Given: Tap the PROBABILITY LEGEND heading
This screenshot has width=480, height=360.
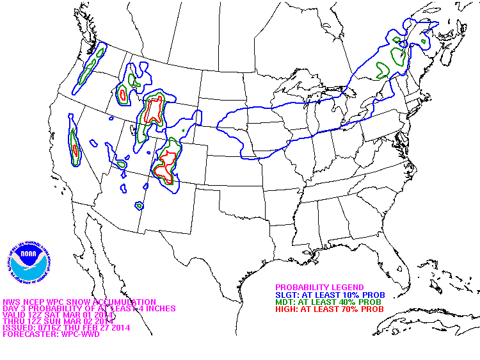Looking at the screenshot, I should (319, 287).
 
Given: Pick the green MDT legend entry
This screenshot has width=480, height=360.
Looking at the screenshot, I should (328, 302).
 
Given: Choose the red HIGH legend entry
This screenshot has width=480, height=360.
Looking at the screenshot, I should (329, 309).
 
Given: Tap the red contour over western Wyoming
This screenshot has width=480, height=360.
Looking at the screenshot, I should (154, 110).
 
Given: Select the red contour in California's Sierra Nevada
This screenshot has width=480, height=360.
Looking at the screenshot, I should (76, 151).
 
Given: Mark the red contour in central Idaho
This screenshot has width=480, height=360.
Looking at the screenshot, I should (122, 95).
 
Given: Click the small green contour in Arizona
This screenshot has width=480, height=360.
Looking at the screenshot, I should (139, 206).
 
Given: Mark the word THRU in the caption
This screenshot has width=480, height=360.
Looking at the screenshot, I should (13, 321).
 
